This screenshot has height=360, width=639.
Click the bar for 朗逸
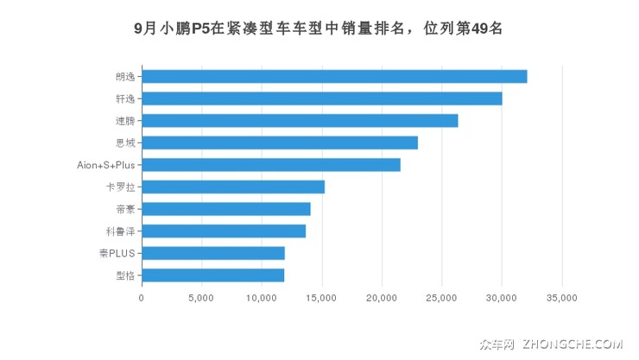click(x=334, y=77)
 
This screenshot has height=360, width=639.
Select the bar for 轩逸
click(x=321, y=98)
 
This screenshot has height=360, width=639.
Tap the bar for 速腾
click(x=300, y=121)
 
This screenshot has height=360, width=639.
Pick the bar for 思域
click(x=280, y=142)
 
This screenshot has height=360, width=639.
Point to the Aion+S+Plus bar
click(x=271, y=165)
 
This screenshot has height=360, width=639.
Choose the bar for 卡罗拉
click(x=233, y=186)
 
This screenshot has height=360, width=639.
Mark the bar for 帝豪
click(x=226, y=209)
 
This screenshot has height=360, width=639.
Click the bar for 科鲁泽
click(x=224, y=231)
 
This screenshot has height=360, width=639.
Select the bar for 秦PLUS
click(x=213, y=253)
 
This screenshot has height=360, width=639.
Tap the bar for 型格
click(x=213, y=275)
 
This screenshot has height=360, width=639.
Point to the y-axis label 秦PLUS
click(x=117, y=253)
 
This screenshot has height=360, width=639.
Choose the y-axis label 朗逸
click(x=125, y=77)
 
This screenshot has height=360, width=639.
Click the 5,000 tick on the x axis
click(x=201, y=299)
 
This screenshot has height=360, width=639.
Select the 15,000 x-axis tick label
click(x=321, y=299)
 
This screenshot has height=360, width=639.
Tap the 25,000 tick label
click(x=441, y=299)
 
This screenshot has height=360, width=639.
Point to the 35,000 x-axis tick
click(x=561, y=299)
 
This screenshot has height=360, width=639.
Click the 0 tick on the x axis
click(x=142, y=299)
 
